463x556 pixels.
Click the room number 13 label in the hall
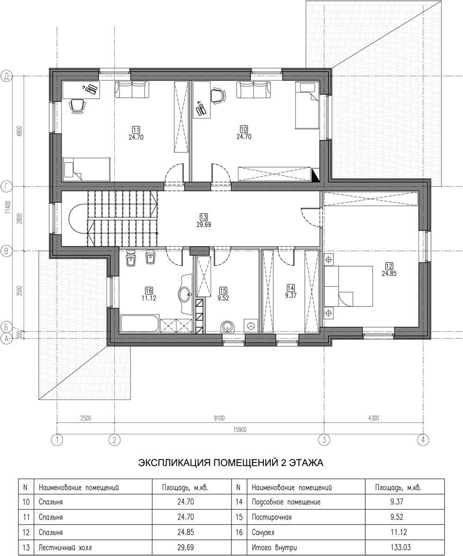204,217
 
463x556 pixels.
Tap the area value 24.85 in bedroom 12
389,274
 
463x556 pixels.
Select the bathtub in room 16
140,324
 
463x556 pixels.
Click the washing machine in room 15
250,325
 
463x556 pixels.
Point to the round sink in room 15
228,327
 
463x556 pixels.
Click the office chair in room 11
77,106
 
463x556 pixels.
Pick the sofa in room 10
253,90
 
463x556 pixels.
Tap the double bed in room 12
348,286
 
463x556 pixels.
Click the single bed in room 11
87,169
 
